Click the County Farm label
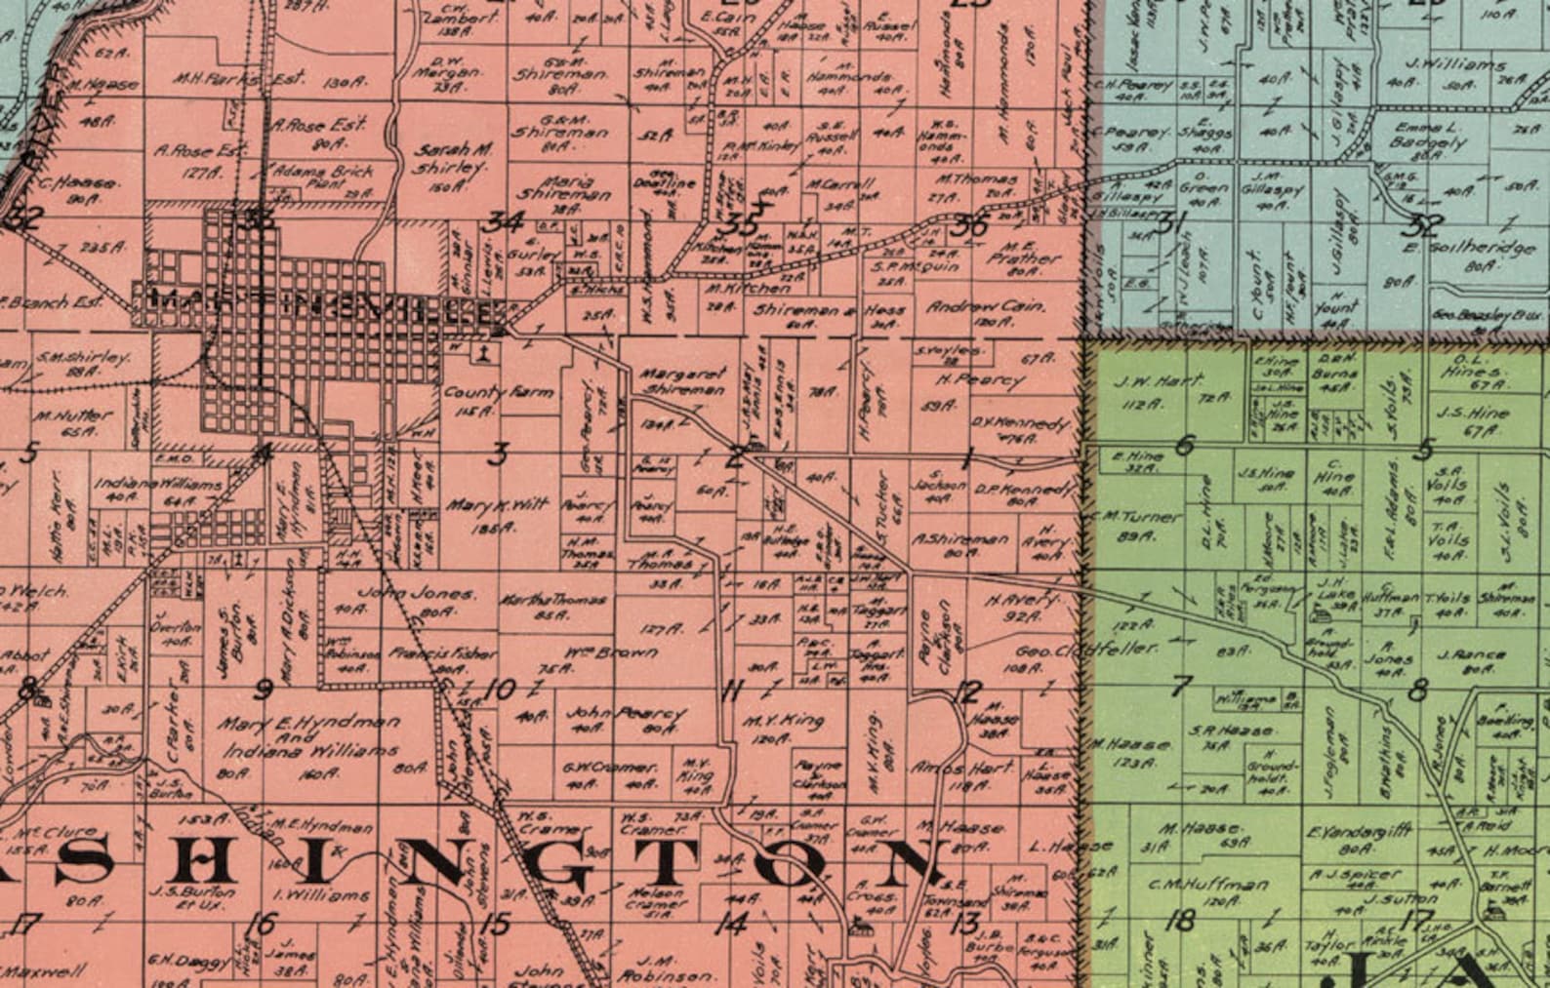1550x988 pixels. (498, 392)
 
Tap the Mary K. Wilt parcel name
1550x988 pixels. (497, 506)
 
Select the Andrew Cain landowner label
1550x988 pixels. (985, 305)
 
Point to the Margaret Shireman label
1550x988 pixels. (683, 380)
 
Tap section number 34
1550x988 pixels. (505, 222)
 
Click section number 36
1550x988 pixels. (969, 226)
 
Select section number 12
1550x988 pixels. (965, 692)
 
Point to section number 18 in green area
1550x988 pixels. (1180, 919)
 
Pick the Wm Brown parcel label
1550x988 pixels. (610, 652)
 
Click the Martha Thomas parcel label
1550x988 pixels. (552, 600)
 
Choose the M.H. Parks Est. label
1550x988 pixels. (239, 78)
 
